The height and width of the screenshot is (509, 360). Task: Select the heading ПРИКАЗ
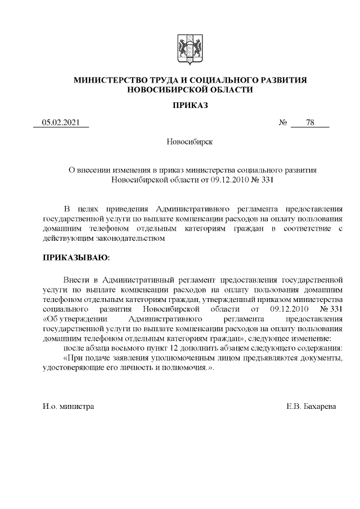[190, 105]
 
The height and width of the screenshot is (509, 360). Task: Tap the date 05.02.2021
[61, 123]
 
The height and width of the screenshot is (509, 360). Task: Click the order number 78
[310, 123]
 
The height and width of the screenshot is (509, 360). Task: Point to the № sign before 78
[283, 123]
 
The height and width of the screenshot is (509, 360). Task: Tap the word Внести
[76, 280]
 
